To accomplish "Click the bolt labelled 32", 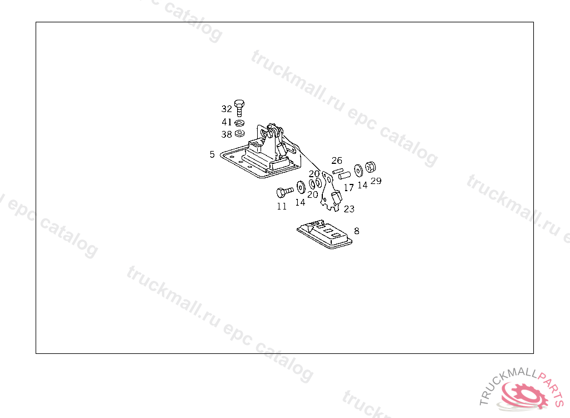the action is tap(239, 107).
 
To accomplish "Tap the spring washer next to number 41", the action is tap(240, 123).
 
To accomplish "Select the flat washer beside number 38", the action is tap(240, 134).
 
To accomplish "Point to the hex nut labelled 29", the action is tap(371, 167).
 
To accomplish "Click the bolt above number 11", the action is tap(283, 192).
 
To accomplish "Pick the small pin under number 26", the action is tap(337, 171).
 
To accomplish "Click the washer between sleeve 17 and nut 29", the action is tap(358, 168).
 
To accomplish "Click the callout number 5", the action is tap(212, 154).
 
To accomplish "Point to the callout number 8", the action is tap(356, 230).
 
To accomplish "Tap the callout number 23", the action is tap(349, 209).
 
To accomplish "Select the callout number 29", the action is tap(376, 181).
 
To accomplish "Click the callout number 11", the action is tap(282, 206).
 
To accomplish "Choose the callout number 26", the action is tap(337, 161).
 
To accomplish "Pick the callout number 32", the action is tap(226, 109).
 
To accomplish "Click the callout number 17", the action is tap(349, 188).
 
